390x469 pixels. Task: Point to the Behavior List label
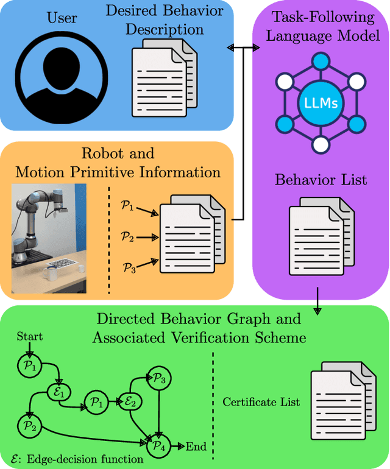coord(321,180)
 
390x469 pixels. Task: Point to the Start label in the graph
coord(30,337)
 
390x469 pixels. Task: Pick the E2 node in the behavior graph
coord(132,402)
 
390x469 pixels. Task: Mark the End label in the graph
coord(196,446)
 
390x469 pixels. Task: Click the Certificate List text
coord(261,402)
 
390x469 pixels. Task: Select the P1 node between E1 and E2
coord(96,402)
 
